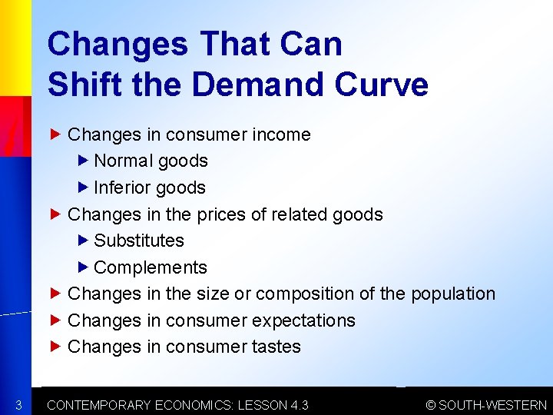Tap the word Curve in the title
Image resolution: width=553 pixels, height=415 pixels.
[381, 84]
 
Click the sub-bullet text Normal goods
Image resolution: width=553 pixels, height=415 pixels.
[151, 161]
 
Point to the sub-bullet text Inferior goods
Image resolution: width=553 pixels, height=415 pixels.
[150, 188]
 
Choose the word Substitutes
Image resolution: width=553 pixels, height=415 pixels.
[139, 241]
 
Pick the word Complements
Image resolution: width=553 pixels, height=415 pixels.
[151, 267]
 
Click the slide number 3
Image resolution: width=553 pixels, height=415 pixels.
[17, 405]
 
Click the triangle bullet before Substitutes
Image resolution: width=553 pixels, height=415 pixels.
[84, 241]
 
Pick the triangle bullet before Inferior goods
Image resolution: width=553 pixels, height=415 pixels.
[84, 188]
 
